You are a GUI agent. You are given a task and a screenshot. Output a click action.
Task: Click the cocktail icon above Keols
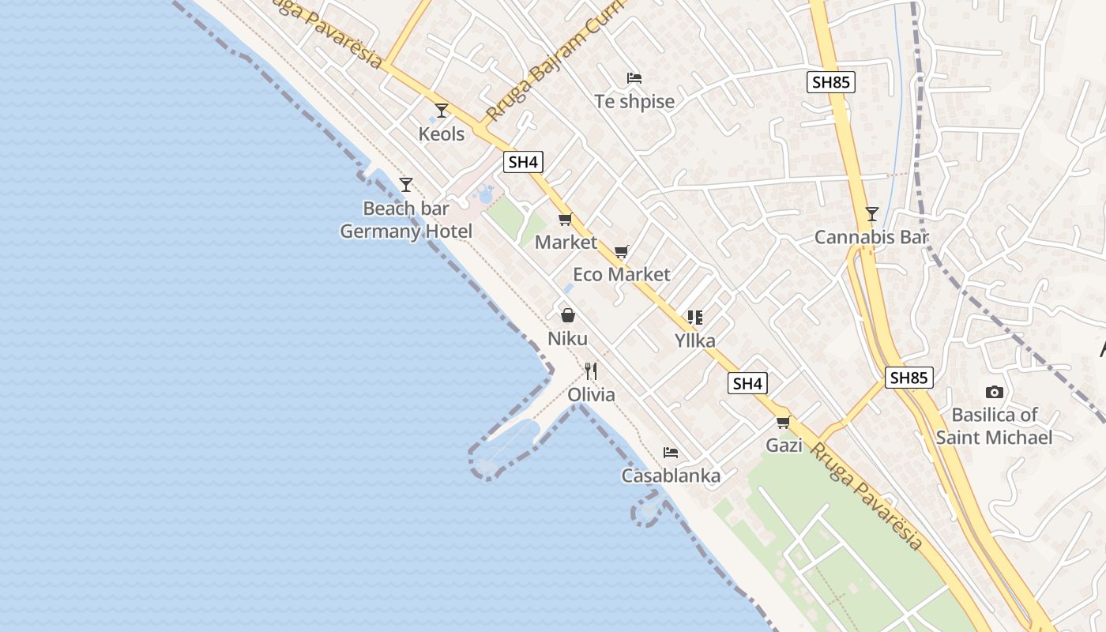tap(442, 111)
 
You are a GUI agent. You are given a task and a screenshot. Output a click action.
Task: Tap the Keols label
tap(442, 134)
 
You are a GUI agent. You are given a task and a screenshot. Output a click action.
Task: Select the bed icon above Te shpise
tap(634, 78)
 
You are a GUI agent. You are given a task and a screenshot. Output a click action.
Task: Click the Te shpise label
tap(634, 101)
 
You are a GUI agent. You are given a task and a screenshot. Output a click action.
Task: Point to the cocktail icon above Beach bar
tap(406, 185)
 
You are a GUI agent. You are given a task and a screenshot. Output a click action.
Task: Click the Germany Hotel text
tap(406, 231)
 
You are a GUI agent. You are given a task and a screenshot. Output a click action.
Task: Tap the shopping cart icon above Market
tap(565, 220)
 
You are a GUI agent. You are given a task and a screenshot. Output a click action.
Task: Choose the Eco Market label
tap(621, 274)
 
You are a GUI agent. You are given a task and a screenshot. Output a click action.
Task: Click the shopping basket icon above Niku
tap(567, 316)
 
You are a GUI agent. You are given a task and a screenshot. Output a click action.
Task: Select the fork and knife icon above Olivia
tap(591, 371)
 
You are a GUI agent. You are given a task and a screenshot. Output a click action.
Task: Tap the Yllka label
tap(695, 340)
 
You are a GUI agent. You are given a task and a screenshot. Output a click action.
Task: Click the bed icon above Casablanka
tap(671, 453)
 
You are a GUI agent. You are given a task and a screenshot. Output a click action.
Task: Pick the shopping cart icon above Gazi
tap(784, 422)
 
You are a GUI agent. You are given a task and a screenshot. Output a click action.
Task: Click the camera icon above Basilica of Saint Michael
tap(994, 392)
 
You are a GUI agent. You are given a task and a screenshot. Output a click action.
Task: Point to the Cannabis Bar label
tap(871, 237)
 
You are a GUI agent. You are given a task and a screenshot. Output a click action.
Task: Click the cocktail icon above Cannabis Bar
tap(871, 214)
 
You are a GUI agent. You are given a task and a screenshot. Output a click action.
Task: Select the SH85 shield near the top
tap(831, 81)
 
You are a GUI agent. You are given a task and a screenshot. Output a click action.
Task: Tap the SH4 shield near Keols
tap(523, 163)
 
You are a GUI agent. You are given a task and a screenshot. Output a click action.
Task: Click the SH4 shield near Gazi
tap(747, 384)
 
